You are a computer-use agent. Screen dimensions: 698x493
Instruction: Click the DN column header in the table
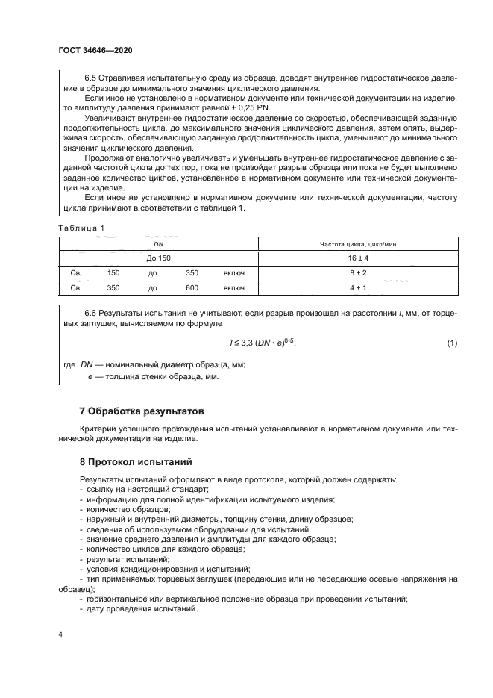click(158, 244)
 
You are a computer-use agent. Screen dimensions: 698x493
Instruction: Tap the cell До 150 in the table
click(158, 258)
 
